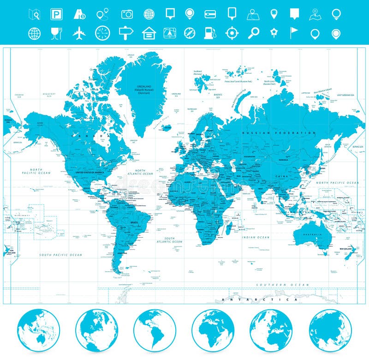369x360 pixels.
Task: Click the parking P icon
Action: tap(56, 14)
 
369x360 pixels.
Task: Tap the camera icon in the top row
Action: tap(127, 14)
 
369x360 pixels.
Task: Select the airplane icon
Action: tap(79, 33)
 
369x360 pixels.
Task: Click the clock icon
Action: tap(102, 33)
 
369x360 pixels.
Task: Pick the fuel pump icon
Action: tap(209, 33)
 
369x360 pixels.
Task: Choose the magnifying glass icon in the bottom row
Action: tap(254, 33)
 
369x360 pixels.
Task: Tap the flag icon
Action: tap(294, 33)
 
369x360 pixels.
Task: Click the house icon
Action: tap(149, 33)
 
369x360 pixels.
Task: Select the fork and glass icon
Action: tap(56, 33)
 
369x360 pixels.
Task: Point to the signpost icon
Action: tap(125, 33)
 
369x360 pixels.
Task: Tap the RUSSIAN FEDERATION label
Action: tap(280, 133)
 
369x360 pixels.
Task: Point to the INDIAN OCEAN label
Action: tap(256, 237)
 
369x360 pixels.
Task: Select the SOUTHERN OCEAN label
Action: tap(282, 285)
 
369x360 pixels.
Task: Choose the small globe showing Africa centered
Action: tap(213, 330)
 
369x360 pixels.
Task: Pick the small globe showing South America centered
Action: tap(155, 330)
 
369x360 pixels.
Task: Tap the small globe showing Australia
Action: tap(38, 330)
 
